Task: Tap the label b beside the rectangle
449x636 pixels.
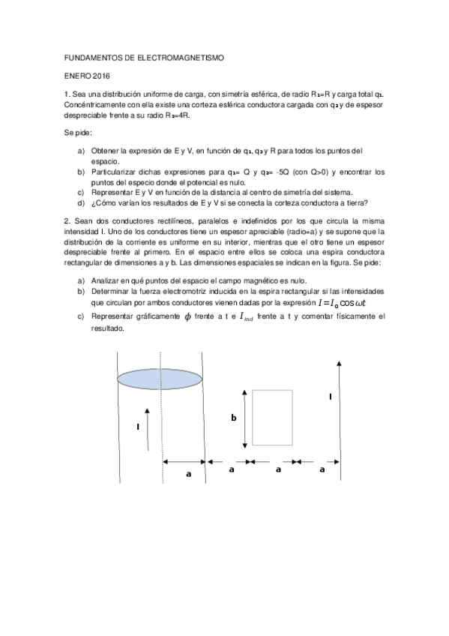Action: [233, 418]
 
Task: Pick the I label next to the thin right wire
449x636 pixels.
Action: [331, 395]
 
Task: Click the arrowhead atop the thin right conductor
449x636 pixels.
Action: [340, 364]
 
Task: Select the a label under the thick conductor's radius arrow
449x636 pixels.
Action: [188, 474]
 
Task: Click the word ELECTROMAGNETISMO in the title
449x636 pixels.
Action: [178, 57]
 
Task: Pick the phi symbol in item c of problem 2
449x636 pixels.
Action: [177, 316]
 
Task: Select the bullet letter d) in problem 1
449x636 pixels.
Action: [81, 202]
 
